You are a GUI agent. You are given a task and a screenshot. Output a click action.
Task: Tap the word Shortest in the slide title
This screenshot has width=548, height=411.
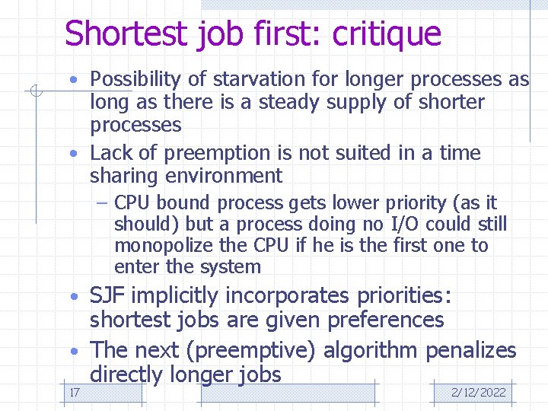coord(126,34)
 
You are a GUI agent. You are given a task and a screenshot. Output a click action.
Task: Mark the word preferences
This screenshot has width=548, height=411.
coord(385,320)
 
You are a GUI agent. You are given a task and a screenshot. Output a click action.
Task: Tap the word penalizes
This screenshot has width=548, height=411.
coord(470,351)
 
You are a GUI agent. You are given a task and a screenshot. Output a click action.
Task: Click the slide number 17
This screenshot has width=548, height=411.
coord(75,392)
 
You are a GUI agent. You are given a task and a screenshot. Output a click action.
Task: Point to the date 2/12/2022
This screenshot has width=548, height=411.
coord(478,392)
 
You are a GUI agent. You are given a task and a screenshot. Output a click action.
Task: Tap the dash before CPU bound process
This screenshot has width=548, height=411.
coord(104,204)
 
